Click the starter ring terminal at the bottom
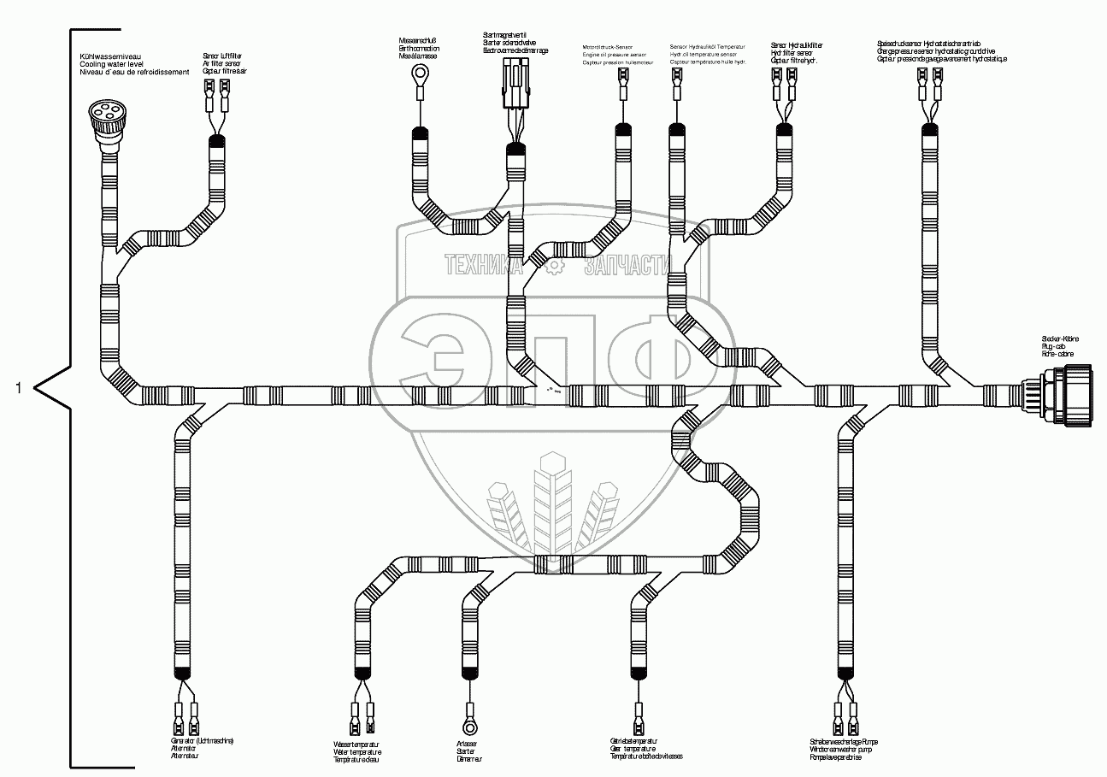pyautogui.click(x=468, y=726)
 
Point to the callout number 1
pyautogui.click(x=19, y=389)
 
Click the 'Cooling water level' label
pyautogui.click(x=111, y=65)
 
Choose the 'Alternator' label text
pyautogui.click(x=184, y=749)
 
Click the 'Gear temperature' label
pyautogui.click(x=633, y=749)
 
